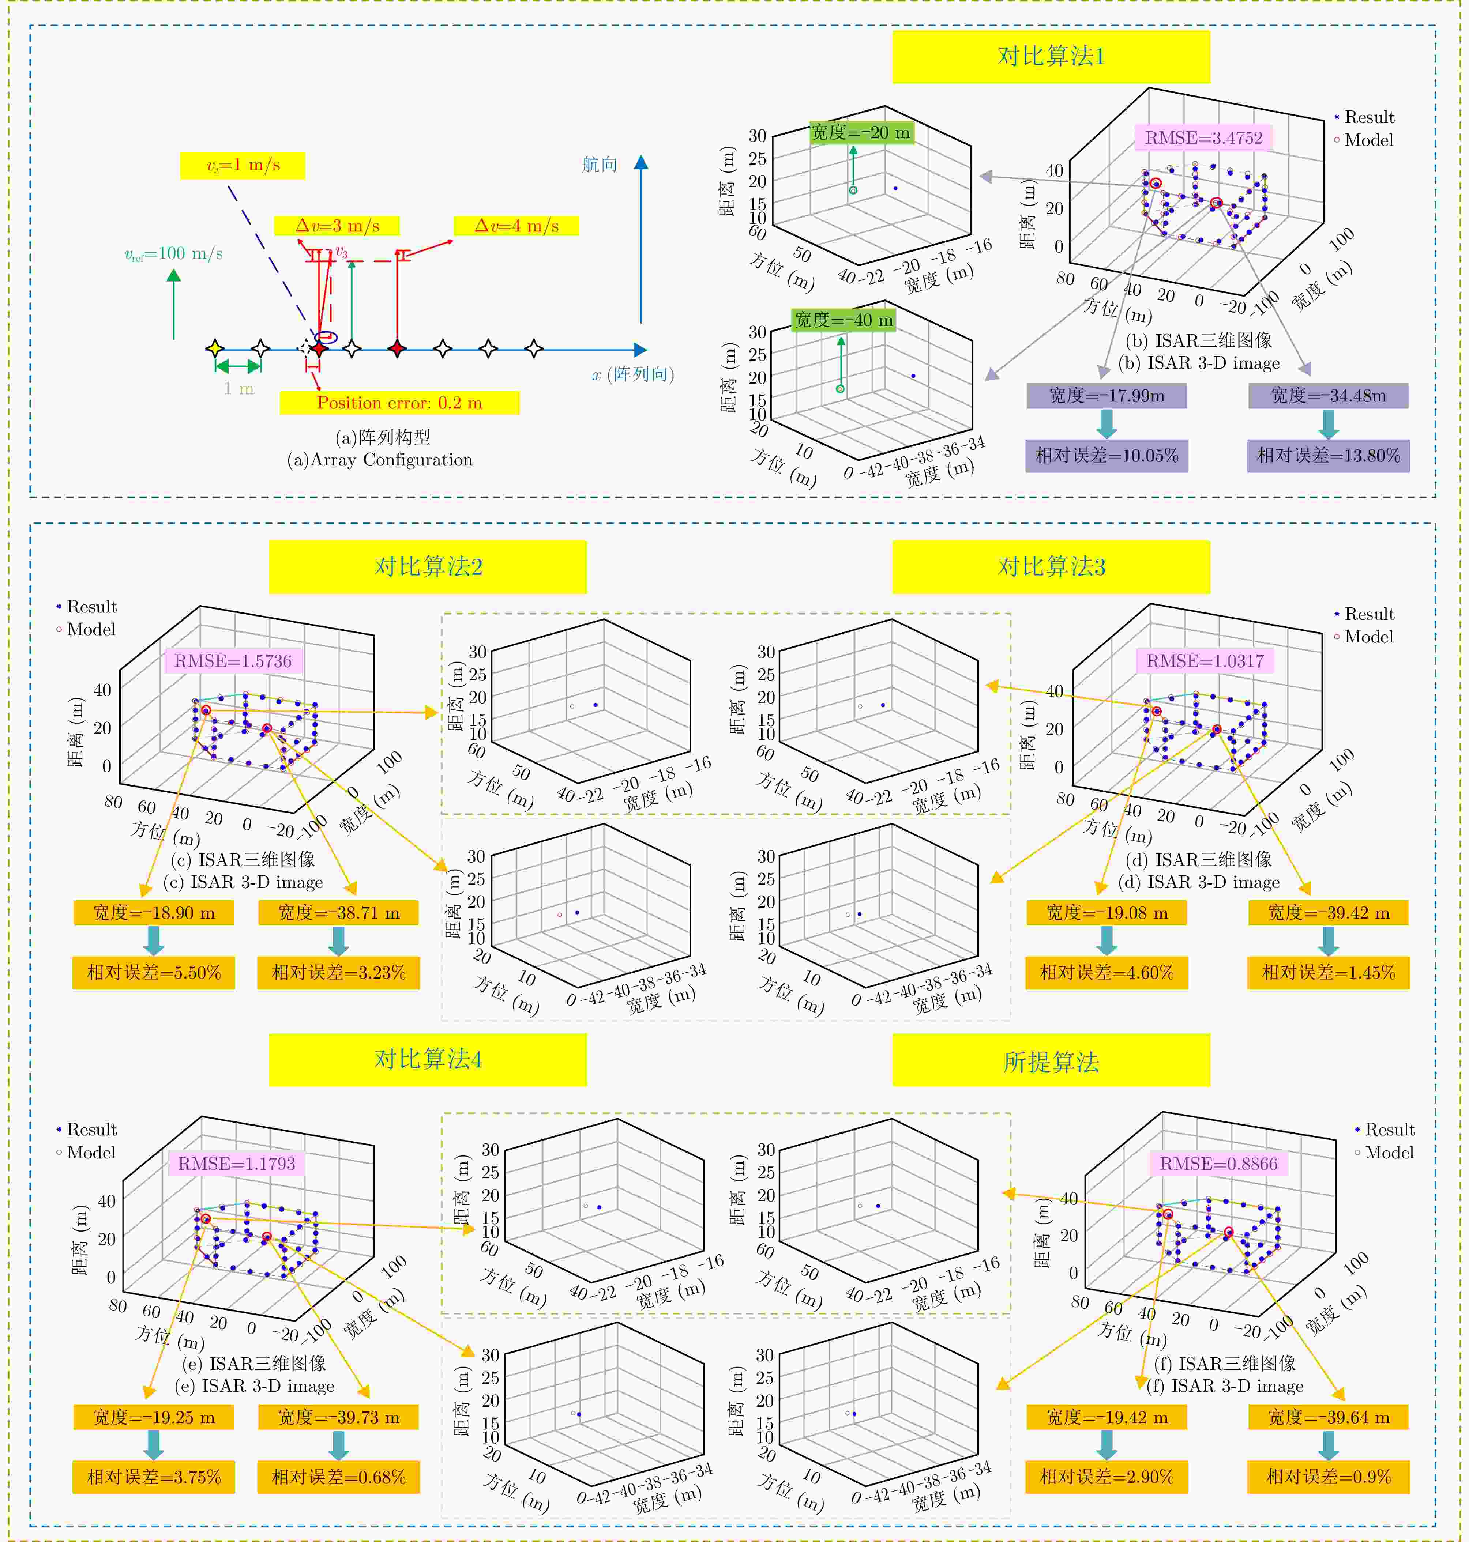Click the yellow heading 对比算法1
(x=1051, y=56)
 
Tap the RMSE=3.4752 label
(x=1203, y=138)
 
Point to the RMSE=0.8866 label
(x=1218, y=1164)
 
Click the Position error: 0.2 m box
(x=399, y=403)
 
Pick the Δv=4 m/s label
(x=517, y=226)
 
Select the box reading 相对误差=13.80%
(x=1328, y=456)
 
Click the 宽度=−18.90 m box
(x=154, y=913)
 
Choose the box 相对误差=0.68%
(x=338, y=1477)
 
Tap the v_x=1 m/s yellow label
(x=243, y=165)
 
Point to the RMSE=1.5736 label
(x=233, y=661)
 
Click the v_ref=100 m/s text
(x=174, y=254)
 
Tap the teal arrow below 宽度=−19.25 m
(x=154, y=1445)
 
